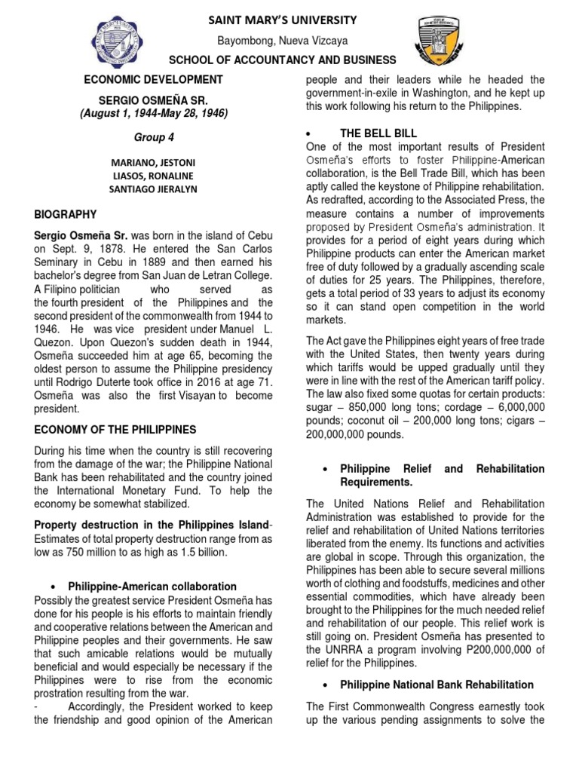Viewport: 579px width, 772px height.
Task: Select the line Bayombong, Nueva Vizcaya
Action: coord(283,41)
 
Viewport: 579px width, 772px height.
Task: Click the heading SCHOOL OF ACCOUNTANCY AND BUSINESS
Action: coord(283,60)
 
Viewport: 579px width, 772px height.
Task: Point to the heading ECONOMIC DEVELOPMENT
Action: coord(153,79)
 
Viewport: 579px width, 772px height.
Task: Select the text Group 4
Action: coord(153,138)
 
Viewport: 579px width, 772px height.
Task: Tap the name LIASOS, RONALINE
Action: coord(153,175)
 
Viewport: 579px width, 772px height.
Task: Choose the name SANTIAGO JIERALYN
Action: coord(153,188)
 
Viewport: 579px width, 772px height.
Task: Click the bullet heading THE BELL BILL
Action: coord(375,133)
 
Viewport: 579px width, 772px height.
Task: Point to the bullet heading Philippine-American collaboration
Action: coord(152,586)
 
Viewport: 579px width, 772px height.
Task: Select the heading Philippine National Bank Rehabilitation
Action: coord(437,685)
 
